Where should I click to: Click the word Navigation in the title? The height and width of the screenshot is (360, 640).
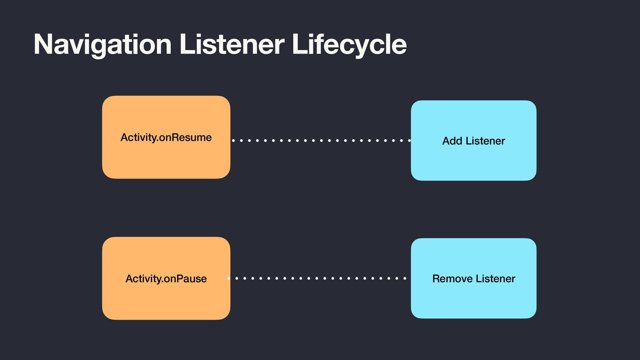(x=102, y=44)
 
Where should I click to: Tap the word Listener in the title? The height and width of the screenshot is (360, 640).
(x=232, y=44)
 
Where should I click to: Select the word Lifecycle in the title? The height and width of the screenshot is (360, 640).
(x=349, y=44)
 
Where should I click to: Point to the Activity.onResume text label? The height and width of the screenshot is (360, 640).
(x=166, y=137)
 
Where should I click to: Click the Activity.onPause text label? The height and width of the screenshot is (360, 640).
(x=166, y=279)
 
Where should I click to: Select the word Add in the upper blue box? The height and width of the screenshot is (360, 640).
(x=452, y=141)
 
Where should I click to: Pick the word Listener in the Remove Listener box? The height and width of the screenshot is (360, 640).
(x=495, y=279)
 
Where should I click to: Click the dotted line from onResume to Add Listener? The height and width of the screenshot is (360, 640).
(x=321, y=140)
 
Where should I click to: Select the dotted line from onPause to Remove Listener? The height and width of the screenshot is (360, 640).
(x=317, y=278)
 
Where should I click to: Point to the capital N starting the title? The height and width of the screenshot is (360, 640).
(x=43, y=44)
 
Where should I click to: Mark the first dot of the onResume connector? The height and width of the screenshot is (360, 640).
(x=233, y=140)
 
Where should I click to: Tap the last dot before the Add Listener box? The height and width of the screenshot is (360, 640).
(x=409, y=140)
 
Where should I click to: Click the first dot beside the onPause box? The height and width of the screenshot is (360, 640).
(x=229, y=278)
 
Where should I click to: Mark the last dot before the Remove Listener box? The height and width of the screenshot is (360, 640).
(x=405, y=278)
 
